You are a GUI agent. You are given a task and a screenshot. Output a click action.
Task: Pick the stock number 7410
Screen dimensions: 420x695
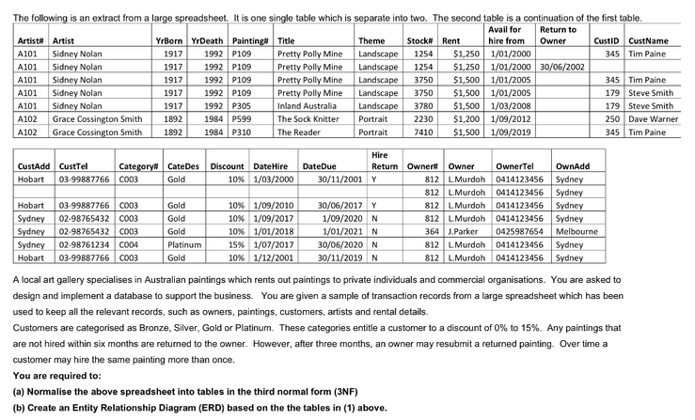pos(423,132)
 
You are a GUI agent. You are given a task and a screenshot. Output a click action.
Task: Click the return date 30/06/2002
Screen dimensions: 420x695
pos(561,67)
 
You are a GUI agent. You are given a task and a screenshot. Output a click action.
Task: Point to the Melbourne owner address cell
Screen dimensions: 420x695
pos(577,231)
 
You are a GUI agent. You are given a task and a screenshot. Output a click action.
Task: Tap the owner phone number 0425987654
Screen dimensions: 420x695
pos(519,231)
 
